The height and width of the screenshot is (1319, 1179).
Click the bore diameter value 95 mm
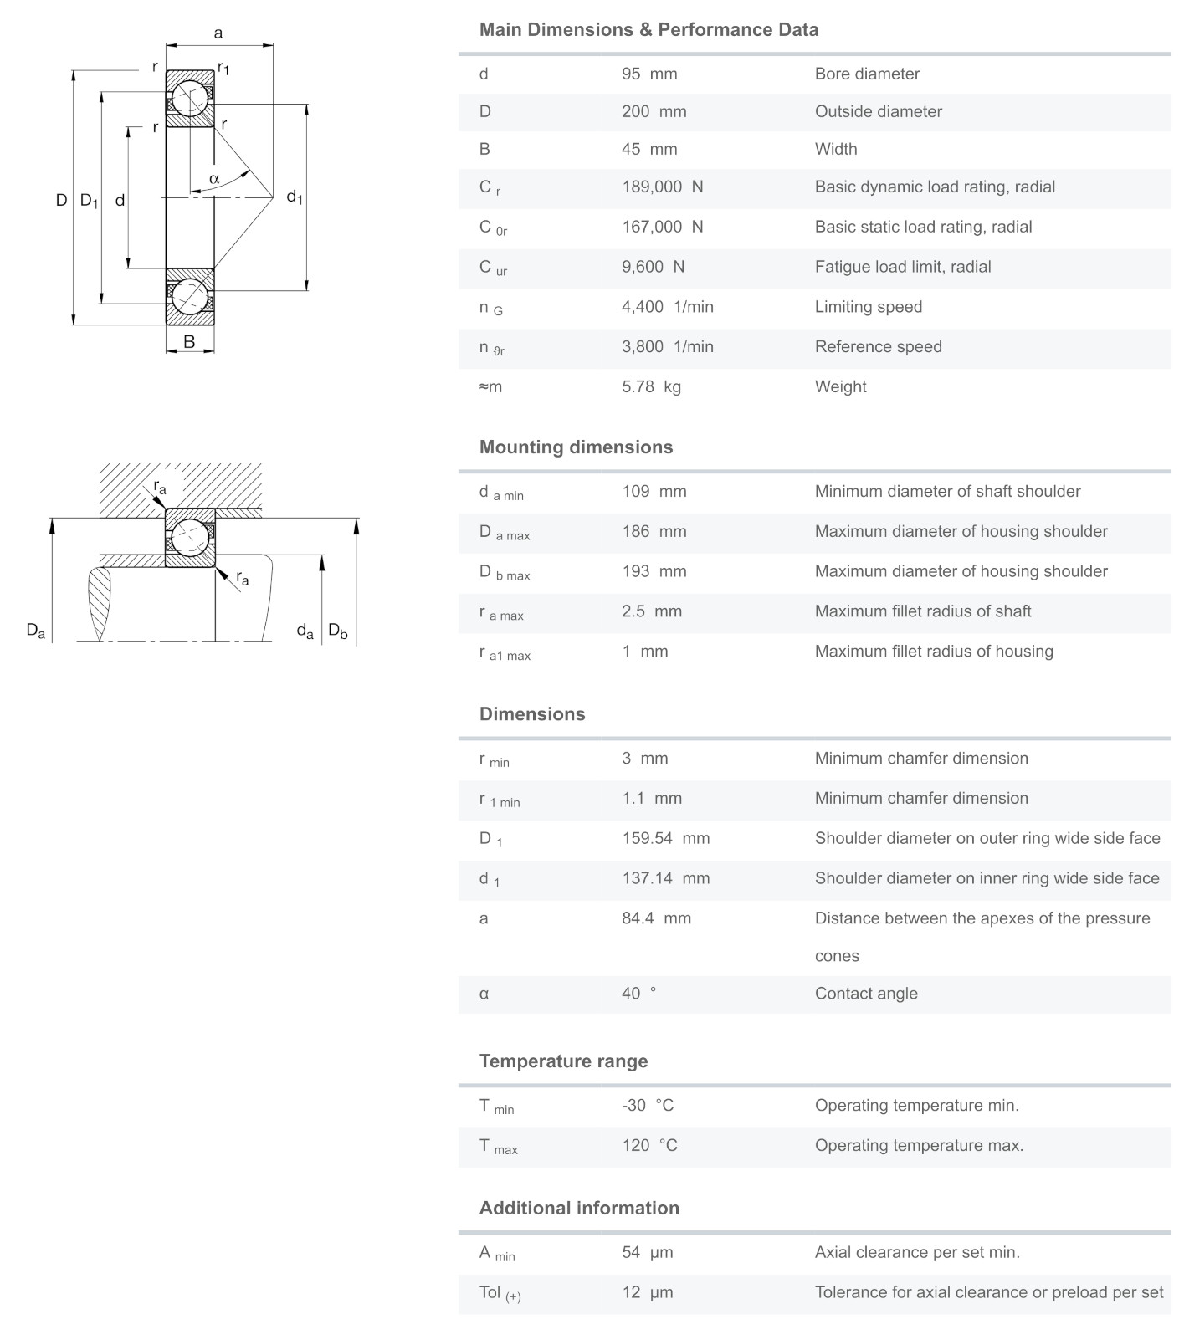click(649, 74)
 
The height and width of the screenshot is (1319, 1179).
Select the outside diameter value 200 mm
click(654, 111)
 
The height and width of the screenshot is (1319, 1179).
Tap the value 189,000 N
click(662, 187)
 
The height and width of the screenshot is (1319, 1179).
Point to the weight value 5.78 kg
click(651, 386)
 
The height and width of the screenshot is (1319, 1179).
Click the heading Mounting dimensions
click(576, 447)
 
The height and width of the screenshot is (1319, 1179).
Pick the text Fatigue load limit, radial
click(903, 267)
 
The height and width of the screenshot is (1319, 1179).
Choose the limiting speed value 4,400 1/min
click(668, 307)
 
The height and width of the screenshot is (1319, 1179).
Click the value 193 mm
click(654, 571)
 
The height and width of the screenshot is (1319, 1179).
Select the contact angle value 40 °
click(639, 994)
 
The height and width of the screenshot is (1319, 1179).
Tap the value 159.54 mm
click(665, 838)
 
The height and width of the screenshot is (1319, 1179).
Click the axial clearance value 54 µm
click(648, 1252)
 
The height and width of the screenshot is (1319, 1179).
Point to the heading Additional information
click(579, 1208)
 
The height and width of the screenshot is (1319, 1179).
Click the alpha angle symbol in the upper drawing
click(214, 178)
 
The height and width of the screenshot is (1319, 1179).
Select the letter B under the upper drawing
click(189, 341)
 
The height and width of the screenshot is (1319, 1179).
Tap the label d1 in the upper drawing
click(295, 197)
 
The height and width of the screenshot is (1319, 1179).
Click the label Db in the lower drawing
click(337, 630)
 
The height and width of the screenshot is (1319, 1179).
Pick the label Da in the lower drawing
click(36, 630)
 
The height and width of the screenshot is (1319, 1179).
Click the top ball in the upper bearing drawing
click(190, 99)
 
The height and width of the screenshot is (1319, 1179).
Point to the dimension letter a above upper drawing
click(218, 33)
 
